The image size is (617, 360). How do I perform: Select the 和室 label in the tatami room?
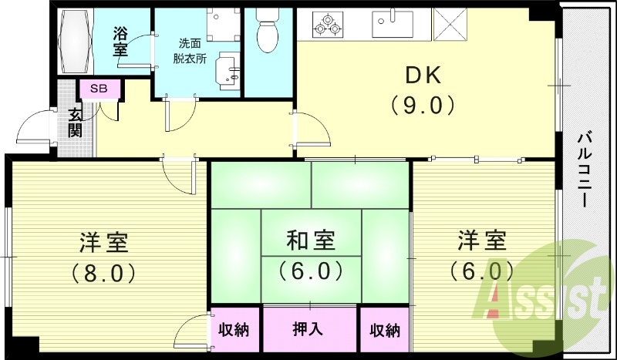pyautogui.click(x=311, y=241)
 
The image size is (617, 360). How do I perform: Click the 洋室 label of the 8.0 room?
pyautogui.click(x=104, y=242)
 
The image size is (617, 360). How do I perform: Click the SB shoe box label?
pyautogui.click(x=99, y=89)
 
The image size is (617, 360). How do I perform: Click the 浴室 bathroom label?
pyautogui.click(x=120, y=40)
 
